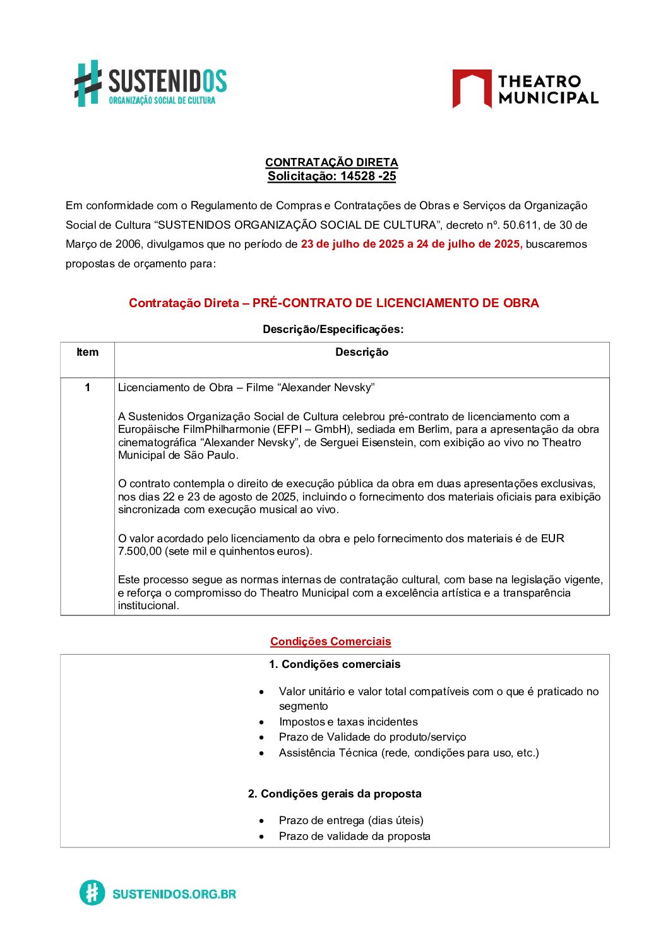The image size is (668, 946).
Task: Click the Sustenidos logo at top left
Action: click(x=150, y=83)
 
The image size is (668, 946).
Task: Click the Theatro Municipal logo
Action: click(x=525, y=89)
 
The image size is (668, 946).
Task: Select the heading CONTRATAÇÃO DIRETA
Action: click(x=331, y=162)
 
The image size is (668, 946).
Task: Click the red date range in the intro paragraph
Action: click(x=411, y=244)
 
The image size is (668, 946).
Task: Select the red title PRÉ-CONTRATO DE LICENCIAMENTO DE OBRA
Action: click(x=395, y=303)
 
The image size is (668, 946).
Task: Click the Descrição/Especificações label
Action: click(x=333, y=329)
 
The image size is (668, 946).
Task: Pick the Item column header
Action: click(x=87, y=352)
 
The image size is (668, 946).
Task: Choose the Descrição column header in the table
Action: click(x=362, y=352)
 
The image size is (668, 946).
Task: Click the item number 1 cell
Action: click(x=87, y=387)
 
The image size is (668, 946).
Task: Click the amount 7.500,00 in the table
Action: click(x=140, y=551)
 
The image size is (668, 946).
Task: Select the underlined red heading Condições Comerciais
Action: click(x=330, y=641)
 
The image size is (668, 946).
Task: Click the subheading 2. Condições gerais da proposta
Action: click(x=335, y=794)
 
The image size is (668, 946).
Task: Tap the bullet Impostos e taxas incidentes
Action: click(x=348, y=722)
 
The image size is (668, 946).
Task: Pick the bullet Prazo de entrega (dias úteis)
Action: click(x=351, y=820)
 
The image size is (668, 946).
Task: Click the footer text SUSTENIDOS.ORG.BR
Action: click(x=174, y=894)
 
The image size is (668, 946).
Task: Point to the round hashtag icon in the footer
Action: click(x=92, y=893)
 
